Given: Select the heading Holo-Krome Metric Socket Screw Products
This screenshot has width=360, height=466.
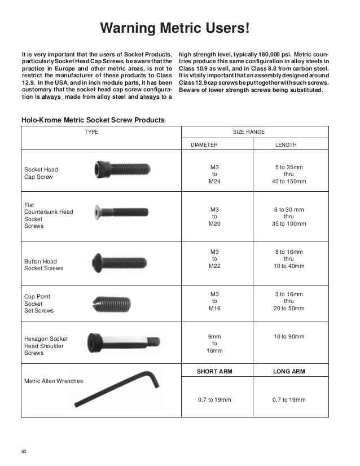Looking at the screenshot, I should coord(93,120).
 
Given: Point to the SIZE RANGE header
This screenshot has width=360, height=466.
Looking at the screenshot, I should coord(249,131).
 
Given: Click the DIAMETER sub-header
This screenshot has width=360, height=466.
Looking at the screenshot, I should coord(204,145).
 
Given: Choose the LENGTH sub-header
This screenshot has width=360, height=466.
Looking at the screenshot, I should coord(286,145).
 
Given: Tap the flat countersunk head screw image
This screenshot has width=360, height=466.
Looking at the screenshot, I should coord(120,211).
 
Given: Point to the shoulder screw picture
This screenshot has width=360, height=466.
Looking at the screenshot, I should coord(122,341).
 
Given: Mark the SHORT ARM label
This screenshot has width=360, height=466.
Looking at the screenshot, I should coord(214,372).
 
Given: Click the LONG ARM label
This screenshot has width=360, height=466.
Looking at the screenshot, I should coord(289,372).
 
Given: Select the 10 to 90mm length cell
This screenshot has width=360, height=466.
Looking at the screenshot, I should coord(289,337).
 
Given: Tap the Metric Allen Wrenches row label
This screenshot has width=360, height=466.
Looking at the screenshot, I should coord(53,381).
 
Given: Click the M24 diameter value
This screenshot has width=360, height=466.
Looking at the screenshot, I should coord(214,182).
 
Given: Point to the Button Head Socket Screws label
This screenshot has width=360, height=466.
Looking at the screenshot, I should coord(43,265).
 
